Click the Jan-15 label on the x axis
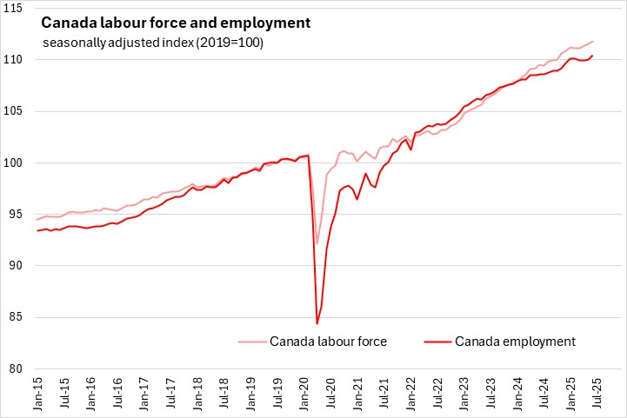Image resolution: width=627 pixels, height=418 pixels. point(37,395)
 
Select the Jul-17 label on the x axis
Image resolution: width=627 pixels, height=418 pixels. point(171,395)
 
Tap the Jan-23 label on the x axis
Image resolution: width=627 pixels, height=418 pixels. point(466,395)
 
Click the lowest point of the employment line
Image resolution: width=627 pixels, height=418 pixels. point(317,323)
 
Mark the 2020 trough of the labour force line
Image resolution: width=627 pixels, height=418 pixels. point(317,244)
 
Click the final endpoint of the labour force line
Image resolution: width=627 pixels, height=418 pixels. point(593,41)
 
